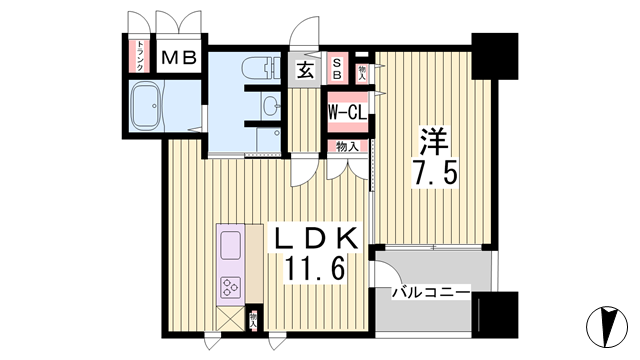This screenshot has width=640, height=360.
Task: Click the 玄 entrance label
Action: pos(305,69)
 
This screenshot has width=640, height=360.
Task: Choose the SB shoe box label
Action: pos(337,68)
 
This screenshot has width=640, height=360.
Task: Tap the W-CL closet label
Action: pos(346,114)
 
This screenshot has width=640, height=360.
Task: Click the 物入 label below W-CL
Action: pos(346,147)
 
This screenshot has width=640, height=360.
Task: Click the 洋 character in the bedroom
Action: pos(433,136)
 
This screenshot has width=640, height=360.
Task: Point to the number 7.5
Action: pos(435,174)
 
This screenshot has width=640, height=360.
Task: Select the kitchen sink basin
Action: pos(229,245)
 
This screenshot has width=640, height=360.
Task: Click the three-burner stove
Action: pos(229,288)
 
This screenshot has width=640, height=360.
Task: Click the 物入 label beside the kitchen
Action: pos(254,319)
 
